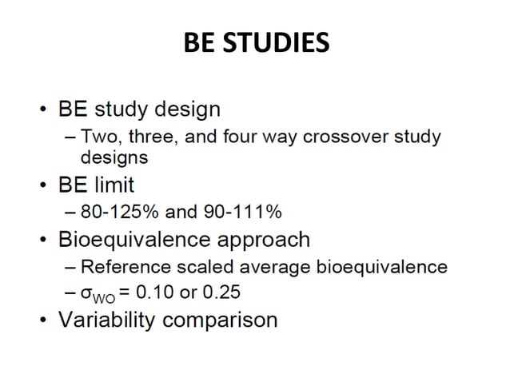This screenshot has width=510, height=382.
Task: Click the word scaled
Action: point(211,267)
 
